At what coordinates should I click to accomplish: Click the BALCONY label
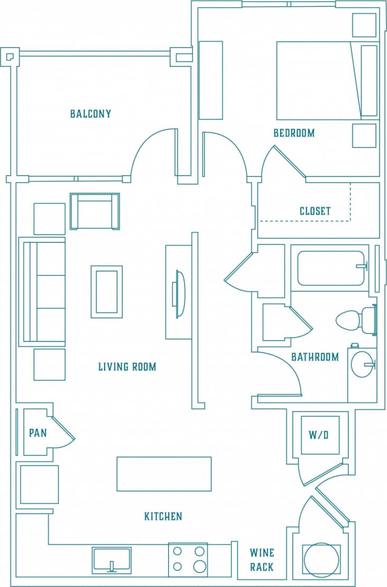[90, 114]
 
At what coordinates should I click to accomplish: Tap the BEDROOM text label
[294, 133]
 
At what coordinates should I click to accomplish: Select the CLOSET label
[315, 211]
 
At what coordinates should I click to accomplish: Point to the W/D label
[319, 435]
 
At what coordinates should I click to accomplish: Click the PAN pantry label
[38, 433]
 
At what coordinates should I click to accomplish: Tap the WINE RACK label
[262, 560]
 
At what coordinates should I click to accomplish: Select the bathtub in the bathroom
[331, 268]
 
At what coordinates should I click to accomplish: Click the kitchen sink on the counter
[112, 560]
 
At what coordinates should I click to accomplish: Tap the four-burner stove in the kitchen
[188, 559]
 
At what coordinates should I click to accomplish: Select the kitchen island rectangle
[164, 474]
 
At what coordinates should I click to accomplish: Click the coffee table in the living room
[106, 292]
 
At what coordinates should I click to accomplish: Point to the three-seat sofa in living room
[42, 292]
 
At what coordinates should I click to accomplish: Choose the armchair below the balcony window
[95, 211]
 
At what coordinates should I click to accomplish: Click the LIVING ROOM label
[127, 367]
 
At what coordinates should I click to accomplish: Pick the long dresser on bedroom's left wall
[210, 80]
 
